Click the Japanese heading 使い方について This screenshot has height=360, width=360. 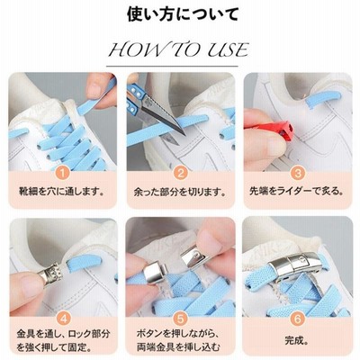pyautogui.click(x=183, y=14)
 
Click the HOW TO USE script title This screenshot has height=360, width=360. pyautogui.click(x=179, y=49)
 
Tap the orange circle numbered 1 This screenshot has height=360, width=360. pyautogui.click(x=63, y=173)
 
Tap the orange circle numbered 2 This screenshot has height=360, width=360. pyautogui.click(x=181, y=173)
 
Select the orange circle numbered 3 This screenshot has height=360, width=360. pyautogui.click(x=298, y=173)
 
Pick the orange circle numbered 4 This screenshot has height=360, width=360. pyautogui.click(x=63, y=319)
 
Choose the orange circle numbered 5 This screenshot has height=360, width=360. pyautogui.click(x=180, y=319)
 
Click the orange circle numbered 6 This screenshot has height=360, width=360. pyautogui.click(x=297, y=319)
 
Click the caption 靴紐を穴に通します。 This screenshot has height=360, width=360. pyautogui.click(x=61, y=191)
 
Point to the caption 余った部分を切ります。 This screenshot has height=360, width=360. pyautogui.click(x=180, y=191)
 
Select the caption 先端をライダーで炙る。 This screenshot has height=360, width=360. pyautogui.click(x=297, y=191)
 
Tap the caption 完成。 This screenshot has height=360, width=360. pyautogui.click(x=297, y=341)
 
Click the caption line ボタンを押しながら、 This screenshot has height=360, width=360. pyautogui.click(x=179, y=334)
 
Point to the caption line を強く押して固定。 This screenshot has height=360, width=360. pyautogui.click(x=54, y=348)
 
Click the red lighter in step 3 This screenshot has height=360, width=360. pyautogui.click(x=269, y=130)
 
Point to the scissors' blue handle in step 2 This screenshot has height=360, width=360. pyautogui.click(x=134, y=98)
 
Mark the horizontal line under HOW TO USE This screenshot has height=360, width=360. pyautogui.click(x=173, y=66)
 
